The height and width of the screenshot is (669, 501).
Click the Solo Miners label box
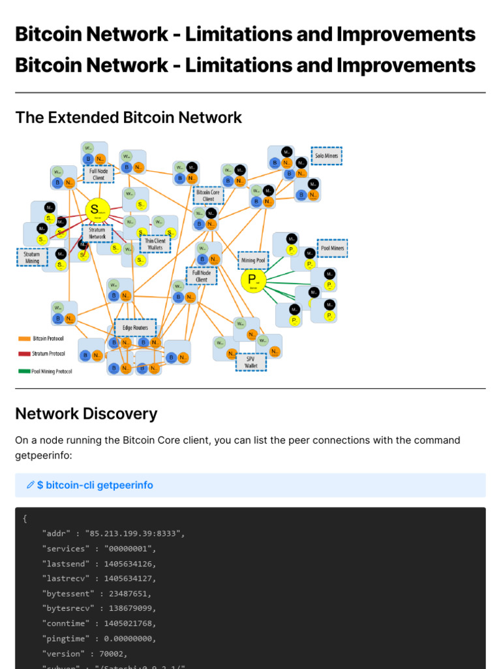pos(326,155)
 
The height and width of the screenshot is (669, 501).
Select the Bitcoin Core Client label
pos(208,195)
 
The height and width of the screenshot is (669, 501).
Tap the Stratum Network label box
pos(97,233)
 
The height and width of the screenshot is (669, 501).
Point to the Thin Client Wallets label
pos(155,244)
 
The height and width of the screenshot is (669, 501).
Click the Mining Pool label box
pos(253,260)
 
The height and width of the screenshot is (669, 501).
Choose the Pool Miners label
pos(332,248)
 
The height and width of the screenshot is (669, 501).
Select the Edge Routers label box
pos(135,327)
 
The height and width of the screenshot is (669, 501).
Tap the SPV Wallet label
pos(250,362)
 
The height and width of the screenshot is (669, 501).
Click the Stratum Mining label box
pos(32,257)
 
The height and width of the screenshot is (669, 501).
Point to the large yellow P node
pos(252,281)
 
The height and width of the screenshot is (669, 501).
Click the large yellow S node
pos(97,210)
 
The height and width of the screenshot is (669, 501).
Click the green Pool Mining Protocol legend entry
pos(45,371)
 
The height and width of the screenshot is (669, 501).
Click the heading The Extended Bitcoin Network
pos(129,118)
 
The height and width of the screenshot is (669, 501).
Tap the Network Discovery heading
pos(86,414)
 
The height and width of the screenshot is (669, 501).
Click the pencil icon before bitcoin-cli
pos(30,485)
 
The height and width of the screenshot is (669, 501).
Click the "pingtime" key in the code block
pos(63,638)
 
